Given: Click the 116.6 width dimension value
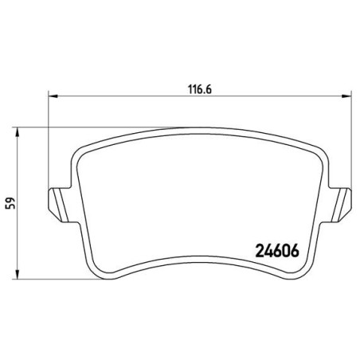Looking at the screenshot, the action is pos(200,89).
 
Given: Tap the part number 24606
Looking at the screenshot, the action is pos(277,251).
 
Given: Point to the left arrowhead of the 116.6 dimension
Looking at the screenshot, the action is pos(53,96).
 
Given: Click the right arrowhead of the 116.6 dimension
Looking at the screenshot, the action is pos(346,96).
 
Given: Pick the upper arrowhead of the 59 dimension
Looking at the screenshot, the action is pos(18,132).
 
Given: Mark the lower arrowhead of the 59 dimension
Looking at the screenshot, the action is pos(18,275).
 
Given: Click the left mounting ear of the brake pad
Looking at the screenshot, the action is pos(61,205).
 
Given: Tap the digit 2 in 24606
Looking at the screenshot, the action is pos(260,251).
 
